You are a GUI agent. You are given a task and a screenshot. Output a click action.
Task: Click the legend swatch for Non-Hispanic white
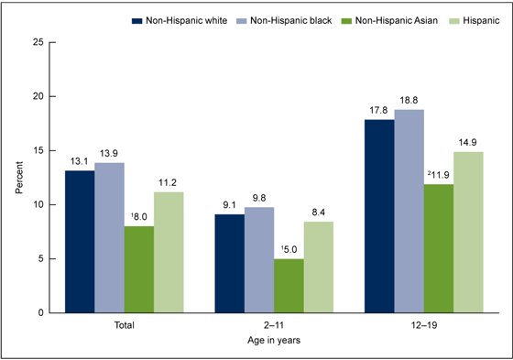[x=137, y=18]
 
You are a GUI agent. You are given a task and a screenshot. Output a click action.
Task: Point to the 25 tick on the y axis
[x=37, y=42]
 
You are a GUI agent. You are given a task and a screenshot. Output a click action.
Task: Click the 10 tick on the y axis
[x=37, y=204]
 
